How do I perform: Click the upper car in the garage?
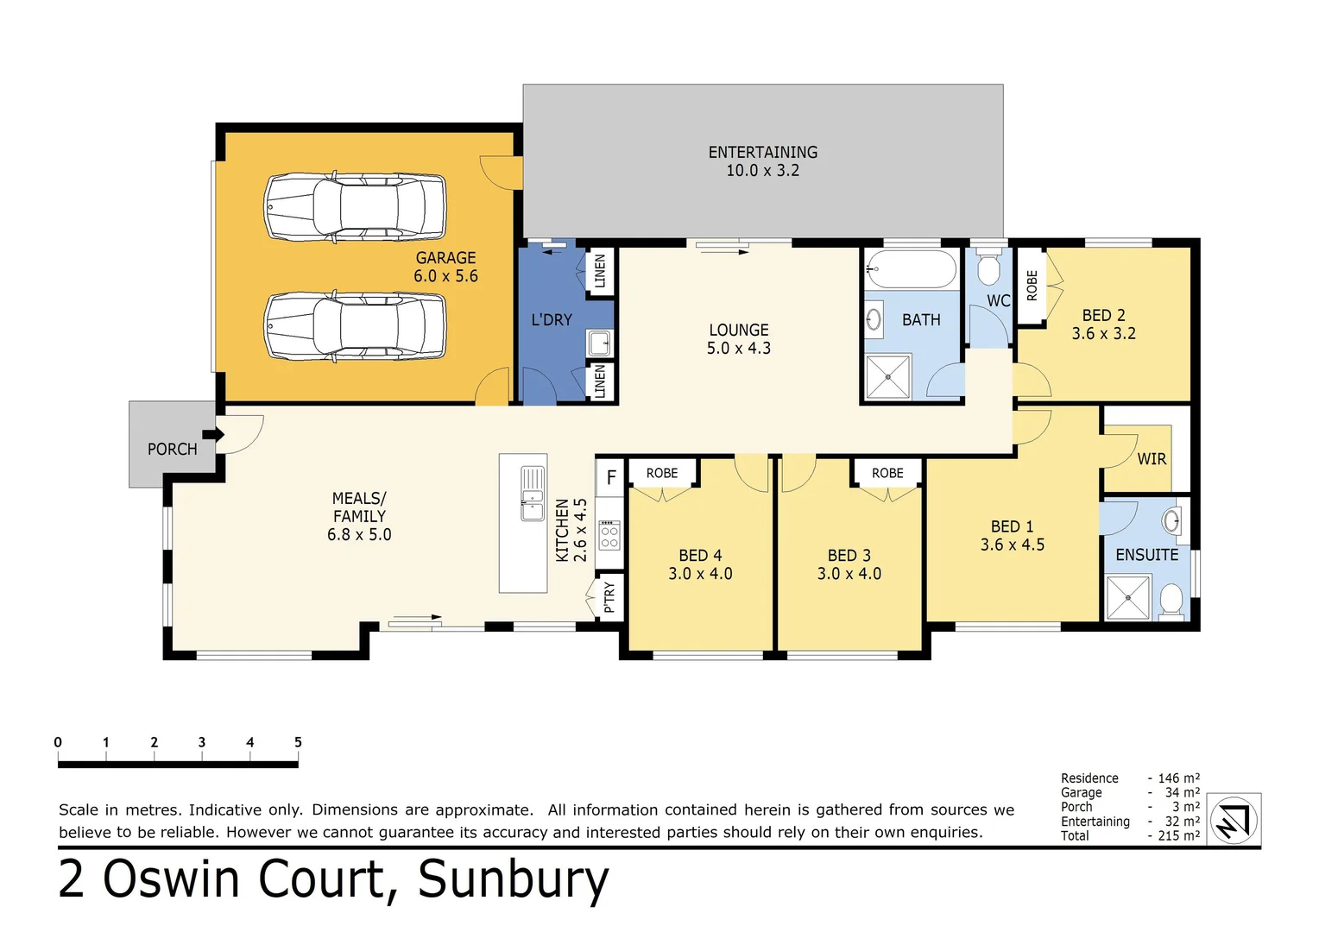(x=355, y=207)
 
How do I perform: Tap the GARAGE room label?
(x=445, y=267)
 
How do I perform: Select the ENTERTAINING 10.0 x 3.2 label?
(x=762, y=161)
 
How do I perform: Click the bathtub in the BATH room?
(x=911, y=269)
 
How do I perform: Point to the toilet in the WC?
(x=988, y=268)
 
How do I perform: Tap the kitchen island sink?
(x=533, y=493)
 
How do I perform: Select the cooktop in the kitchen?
(x=609, y=535)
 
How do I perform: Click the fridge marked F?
(x=611, y=477)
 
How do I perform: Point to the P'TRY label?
(x=609, y=596)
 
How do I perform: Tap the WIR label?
(x=1152, y=459)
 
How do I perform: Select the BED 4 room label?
(x=700, y=564)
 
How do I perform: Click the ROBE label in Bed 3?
(x=887, y=473)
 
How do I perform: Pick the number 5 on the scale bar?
(x=298, y=742)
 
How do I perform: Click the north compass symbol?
(x=1234, y=820)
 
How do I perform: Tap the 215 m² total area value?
(x=1178, y=835)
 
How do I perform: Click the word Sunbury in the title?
(x=514, y=880)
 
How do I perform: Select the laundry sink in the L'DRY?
(x=600, y=343)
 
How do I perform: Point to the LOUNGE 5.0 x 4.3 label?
(x=739, y=339)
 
